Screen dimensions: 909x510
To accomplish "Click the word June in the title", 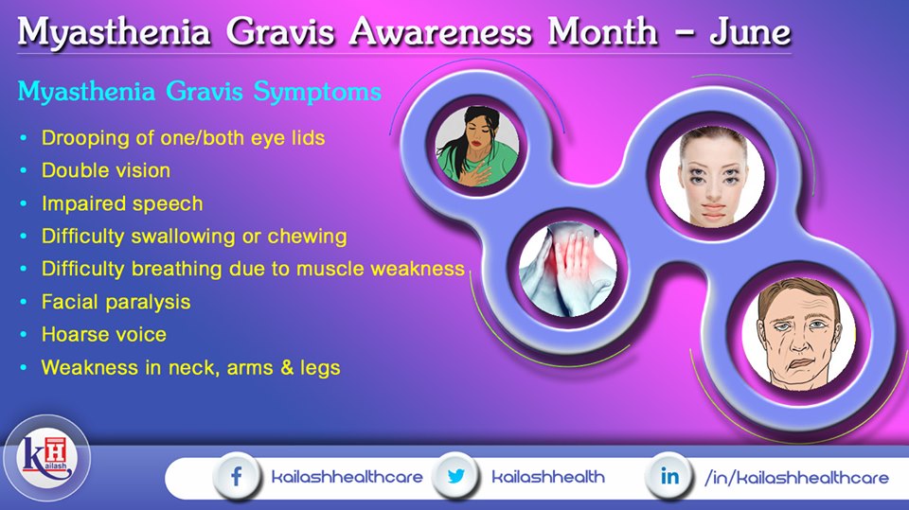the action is click(750, 32).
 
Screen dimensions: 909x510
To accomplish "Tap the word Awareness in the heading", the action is click(439, 31).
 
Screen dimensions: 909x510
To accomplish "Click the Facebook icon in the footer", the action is click(236, 477).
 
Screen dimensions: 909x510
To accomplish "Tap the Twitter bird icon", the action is click(456, 476).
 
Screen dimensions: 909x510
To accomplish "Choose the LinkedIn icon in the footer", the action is click(669, 476).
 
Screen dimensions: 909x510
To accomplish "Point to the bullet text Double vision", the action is click(106, 170).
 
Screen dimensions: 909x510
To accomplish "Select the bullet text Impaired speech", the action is click(122, 204).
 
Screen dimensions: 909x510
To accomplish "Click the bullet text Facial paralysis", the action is click(116, 302).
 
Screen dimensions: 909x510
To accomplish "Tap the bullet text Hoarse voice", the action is click(104, 334).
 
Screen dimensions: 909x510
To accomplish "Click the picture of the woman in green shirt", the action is click(477, 147).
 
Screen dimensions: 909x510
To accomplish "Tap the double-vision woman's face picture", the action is click(712, 176).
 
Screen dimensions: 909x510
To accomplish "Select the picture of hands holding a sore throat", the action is click(567, 272).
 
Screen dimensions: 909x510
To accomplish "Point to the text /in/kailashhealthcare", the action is click(796, 478).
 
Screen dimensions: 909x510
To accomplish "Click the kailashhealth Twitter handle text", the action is click(548, 477).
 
